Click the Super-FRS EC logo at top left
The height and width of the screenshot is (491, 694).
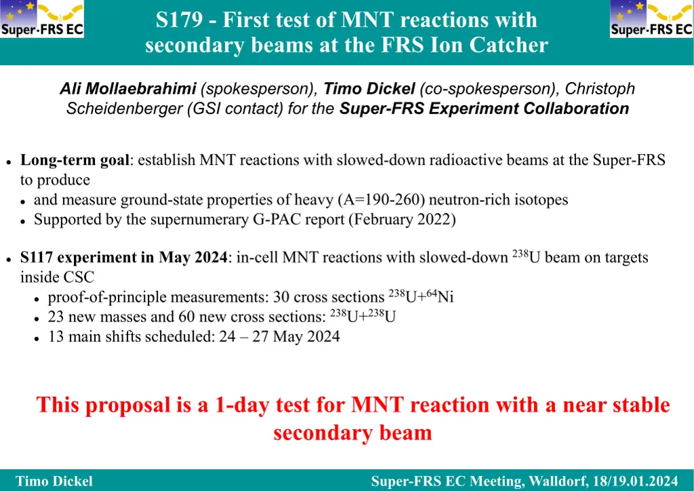(x=41, y=18)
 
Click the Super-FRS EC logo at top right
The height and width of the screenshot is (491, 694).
(x=651, y=18)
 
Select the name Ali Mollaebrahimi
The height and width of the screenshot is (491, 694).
(x=128, y=89)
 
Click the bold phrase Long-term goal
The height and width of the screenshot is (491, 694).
(x=75, y=160)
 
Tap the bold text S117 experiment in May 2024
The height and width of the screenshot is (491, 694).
(x=123, y=257)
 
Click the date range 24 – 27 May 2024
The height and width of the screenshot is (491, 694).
(x=280, y=336)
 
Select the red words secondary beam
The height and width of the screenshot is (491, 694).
(x=352, y=433)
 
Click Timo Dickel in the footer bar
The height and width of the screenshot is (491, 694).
(x=54, y=482)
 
